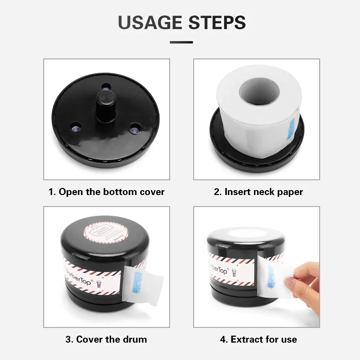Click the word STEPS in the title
217,22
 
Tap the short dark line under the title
181,42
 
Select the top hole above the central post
106,87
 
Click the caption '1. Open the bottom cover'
106,192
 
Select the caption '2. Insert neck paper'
258,192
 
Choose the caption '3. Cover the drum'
106,339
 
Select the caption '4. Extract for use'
258,339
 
